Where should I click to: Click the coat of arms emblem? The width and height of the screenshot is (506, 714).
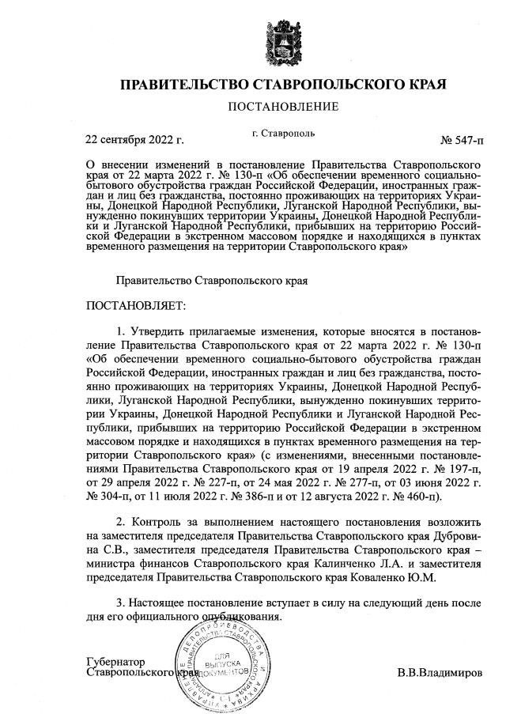point(282,39)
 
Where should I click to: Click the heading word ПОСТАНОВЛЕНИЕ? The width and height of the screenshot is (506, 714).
point(282,107)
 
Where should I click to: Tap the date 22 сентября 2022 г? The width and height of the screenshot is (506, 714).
point(134,141)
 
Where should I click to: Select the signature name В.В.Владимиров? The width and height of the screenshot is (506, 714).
point(445,674)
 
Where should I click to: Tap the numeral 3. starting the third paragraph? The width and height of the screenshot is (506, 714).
point(120,603)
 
